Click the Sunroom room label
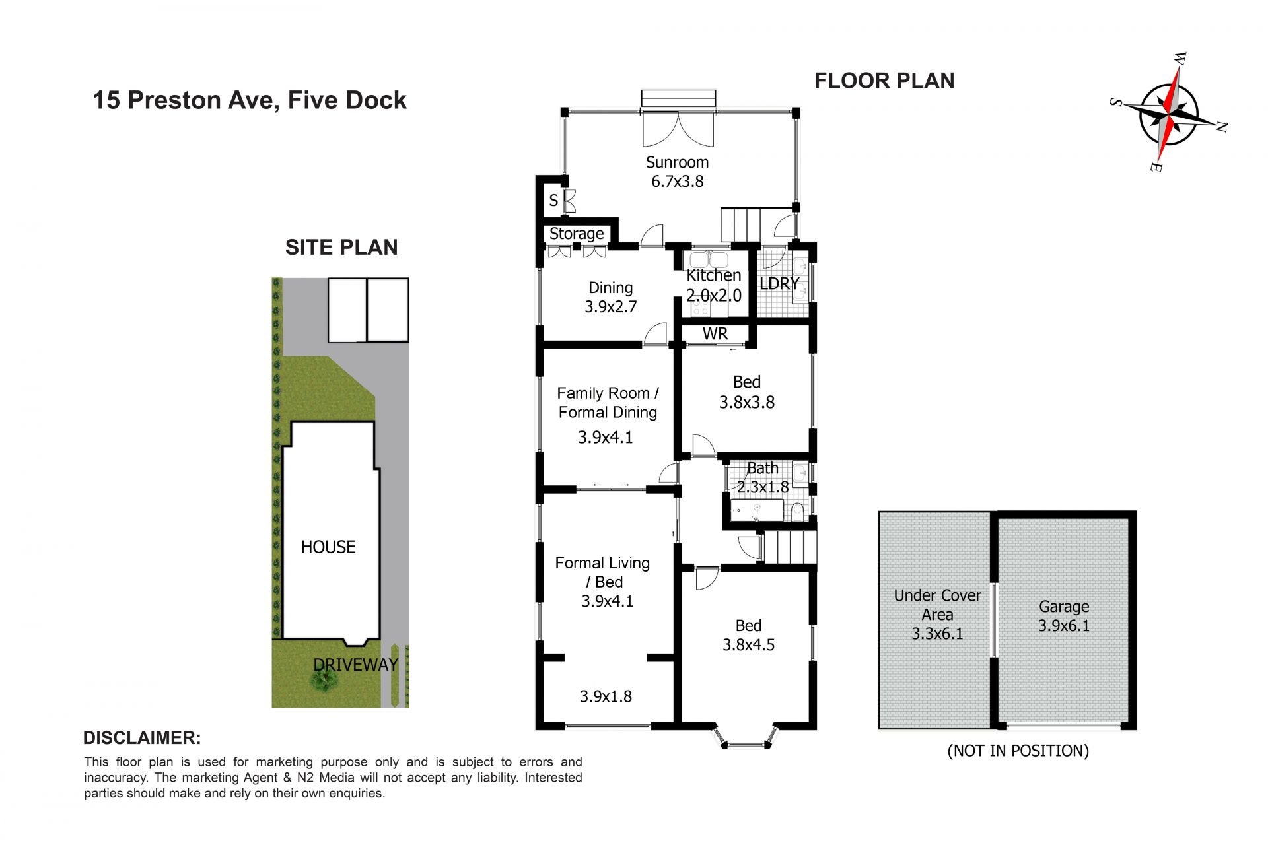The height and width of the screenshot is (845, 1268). coord(677,162)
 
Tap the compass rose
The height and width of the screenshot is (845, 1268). coord(1168,114)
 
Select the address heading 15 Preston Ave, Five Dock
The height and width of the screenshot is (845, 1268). coord(250,100)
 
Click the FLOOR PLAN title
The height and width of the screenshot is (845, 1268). coord(884,81)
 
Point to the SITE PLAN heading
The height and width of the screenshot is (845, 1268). coord(341,248)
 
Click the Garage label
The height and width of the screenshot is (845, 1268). coord(1064,607)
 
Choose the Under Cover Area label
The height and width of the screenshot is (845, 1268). coord(937,605)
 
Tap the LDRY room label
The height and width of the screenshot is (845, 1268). coord(779,283)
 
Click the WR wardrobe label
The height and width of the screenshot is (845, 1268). coord(715,334)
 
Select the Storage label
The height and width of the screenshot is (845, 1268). coord(577,234)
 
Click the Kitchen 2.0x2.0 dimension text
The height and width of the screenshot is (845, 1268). coord(714,296)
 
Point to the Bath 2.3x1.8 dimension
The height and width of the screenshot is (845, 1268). coord(763,487)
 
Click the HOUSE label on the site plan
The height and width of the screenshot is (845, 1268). coord(328,547)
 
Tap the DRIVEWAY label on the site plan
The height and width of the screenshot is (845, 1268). coord(356,665)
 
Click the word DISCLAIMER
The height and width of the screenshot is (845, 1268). coord(142,738)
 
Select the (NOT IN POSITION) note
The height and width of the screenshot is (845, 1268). coord(1018,751)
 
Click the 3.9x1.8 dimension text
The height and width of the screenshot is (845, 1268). coord(606,696)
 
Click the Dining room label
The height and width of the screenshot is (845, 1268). coord(610,288)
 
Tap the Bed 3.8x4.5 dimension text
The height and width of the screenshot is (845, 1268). coord(748,645)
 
